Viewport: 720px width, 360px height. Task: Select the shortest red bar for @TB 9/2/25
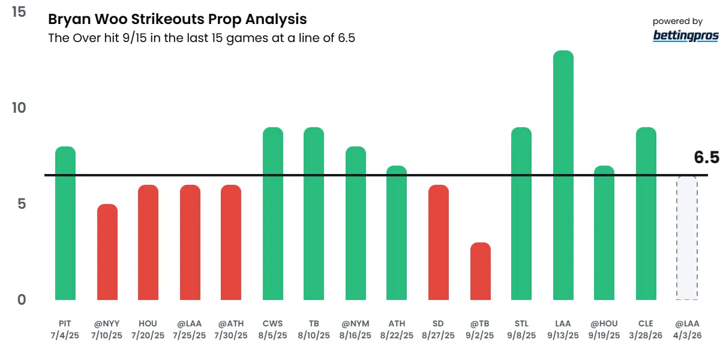[480, 271]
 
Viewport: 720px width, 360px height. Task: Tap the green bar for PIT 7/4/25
[65, 223]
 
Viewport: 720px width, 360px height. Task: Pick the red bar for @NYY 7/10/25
[107, 252]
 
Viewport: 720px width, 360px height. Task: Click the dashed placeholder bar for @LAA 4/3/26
[687, 238]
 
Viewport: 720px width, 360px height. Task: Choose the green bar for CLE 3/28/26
[646, 214]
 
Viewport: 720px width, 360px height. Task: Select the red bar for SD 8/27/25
[439, 242]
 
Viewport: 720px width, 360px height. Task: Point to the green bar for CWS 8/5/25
[272, 214]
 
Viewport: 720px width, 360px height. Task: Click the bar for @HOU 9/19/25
[604, 233]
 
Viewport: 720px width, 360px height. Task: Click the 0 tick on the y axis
[22, 299]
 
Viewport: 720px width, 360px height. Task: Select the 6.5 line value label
[706, 158]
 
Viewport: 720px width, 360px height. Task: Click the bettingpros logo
[685, 35]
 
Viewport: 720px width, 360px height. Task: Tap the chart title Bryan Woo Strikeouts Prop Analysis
[177, 20]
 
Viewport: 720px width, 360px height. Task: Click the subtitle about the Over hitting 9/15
[202, 38]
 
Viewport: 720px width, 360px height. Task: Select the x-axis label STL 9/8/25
[521, 329]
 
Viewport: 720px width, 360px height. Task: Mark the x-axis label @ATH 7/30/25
[231, 329]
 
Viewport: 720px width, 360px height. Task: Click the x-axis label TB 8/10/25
[314, 329]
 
